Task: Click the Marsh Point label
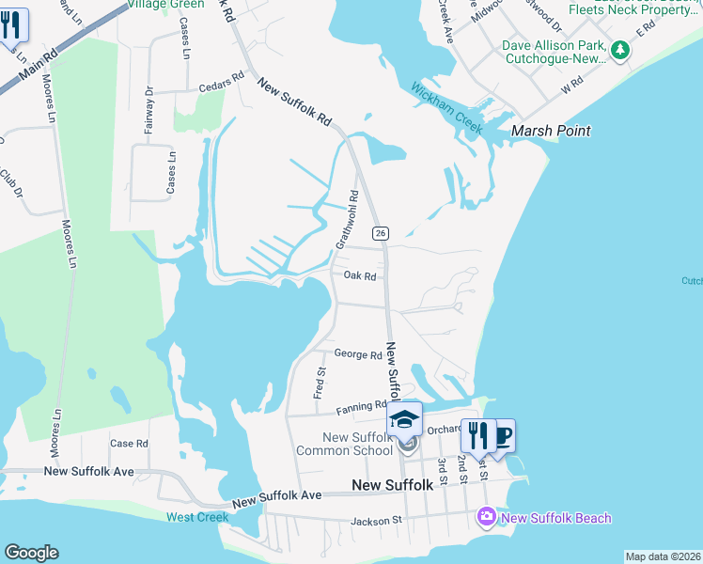tap(551, 131)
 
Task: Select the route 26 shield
tap(381, 233)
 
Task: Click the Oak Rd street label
tap(359, 276)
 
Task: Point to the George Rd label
tap(358, 355)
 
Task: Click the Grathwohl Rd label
tap(348, 220)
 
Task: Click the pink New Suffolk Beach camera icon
tap(486, 517)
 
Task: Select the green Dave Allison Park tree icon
tap(619, 50)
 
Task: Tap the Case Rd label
tap(129, 443)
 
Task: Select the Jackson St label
tap(376, 520)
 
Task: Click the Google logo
tap(31, 553)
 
